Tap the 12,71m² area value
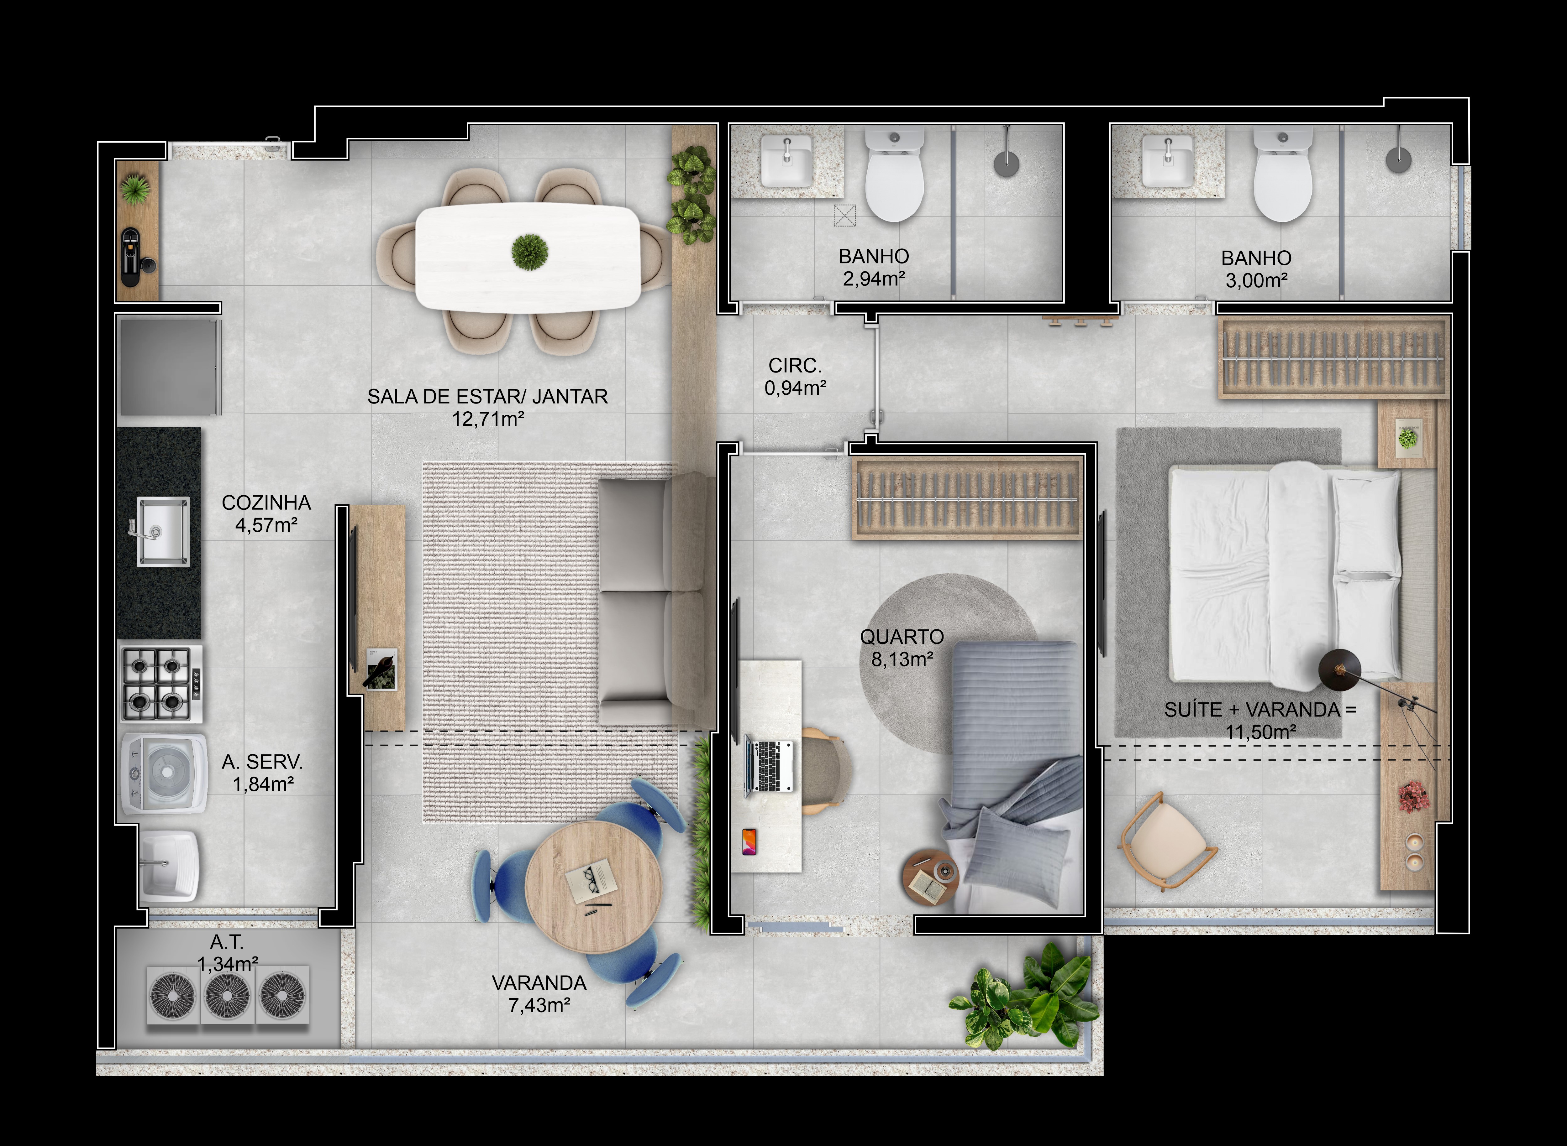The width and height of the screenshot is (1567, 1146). [488, 419]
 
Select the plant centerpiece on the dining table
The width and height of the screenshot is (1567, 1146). [529, 251]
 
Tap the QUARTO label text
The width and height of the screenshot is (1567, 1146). [902, 637]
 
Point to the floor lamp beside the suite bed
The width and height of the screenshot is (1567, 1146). [1339, 669]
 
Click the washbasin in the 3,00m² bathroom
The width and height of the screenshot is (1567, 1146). [1167, 162]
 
